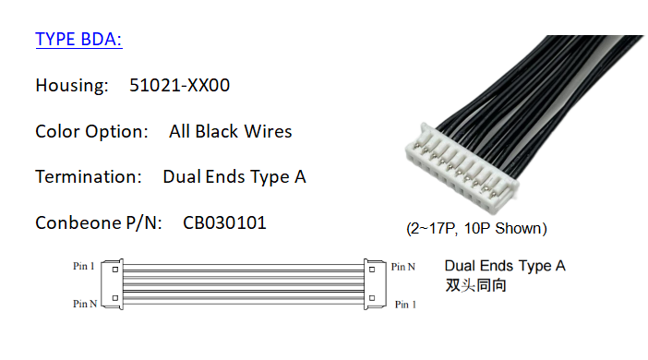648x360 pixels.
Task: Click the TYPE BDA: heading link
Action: point(78,40)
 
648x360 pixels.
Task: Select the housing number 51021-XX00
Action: point(180,86)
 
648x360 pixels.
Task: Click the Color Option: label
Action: point(91,131)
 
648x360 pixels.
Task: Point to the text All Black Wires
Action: point(230,131)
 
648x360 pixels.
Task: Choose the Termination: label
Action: point(89,176)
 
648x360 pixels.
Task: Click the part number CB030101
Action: point(224,222)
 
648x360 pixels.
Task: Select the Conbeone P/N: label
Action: point(99,222)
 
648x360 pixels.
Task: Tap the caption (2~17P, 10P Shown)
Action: point(476,227)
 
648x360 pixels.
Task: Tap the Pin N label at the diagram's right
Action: point(402,267)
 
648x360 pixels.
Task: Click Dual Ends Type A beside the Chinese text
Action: point(504,266)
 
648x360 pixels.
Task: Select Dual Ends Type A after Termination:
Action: point(234,176)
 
